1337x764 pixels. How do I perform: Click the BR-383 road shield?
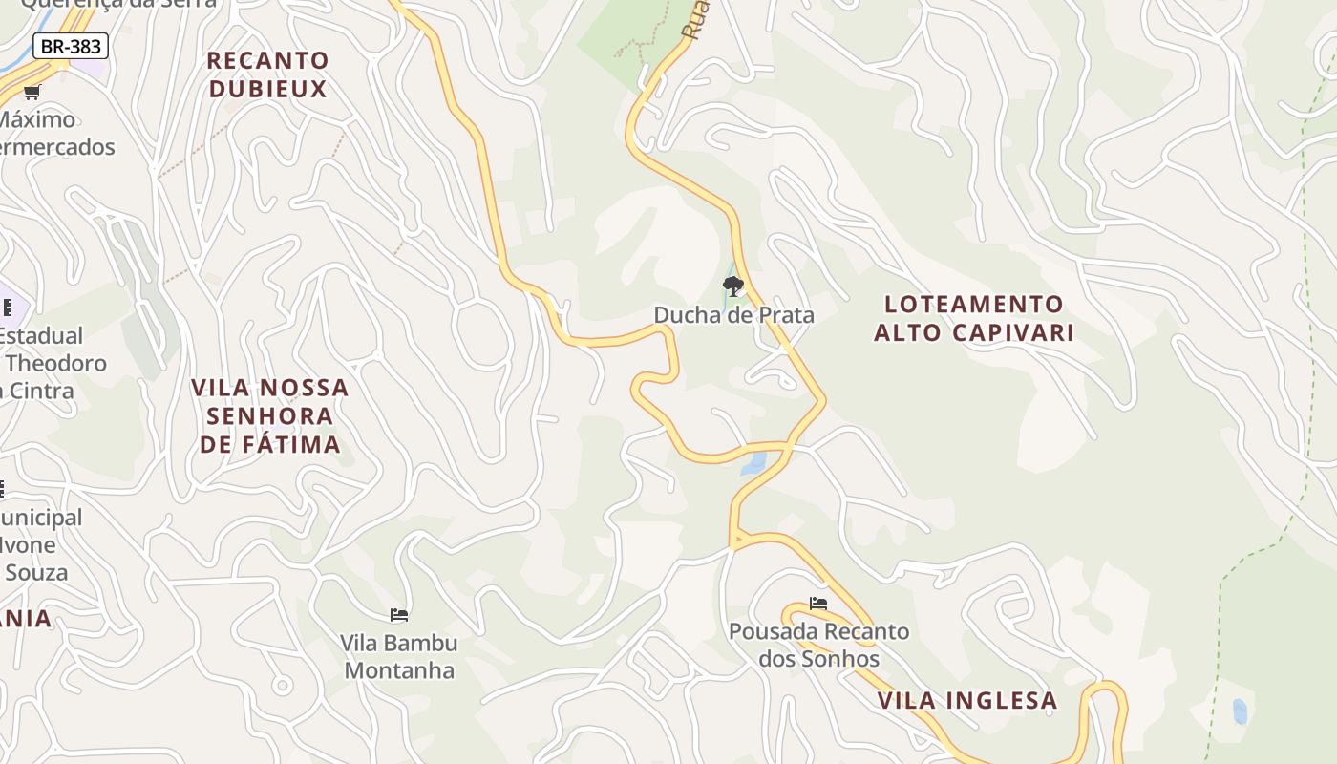tap(71, 46)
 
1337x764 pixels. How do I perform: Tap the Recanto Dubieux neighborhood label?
tap(267, 74)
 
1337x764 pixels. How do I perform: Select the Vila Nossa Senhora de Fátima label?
tap(270, 415)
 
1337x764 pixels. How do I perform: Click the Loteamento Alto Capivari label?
tap(974, 318)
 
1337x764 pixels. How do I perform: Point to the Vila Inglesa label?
tap(966, 700)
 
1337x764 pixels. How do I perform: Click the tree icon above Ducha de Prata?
tap(732, 286)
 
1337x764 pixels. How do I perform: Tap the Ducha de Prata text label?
tap(733, 314)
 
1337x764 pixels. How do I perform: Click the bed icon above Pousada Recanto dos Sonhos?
tap(818, 604)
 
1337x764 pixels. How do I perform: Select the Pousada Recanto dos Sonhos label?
tap(818, 645)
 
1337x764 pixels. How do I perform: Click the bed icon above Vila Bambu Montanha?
tap(399, 615)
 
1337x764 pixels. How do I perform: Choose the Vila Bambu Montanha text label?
tap(399, 656)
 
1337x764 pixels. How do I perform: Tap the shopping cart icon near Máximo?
tap(32, 92)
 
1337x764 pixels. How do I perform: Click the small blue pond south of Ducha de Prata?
tap(753, 464)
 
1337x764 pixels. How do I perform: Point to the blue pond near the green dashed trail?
tap(1240, 711)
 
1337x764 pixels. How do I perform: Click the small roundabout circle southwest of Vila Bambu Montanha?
tap(282, 685)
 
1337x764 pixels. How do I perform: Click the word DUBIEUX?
tap(267, 89)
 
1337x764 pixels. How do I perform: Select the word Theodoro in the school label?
tap(55, 363)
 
